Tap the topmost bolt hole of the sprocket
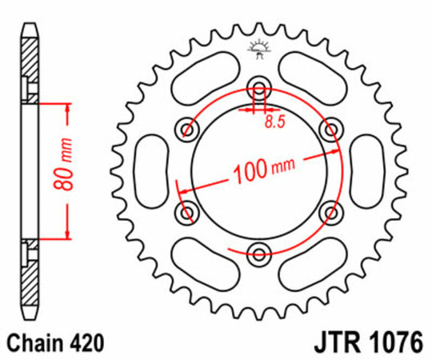coord(259,88)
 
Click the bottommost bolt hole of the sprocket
coord(259,255)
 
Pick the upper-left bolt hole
coord(188,128)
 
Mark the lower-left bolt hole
coord(188,212)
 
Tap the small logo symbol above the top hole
coord(258,48)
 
